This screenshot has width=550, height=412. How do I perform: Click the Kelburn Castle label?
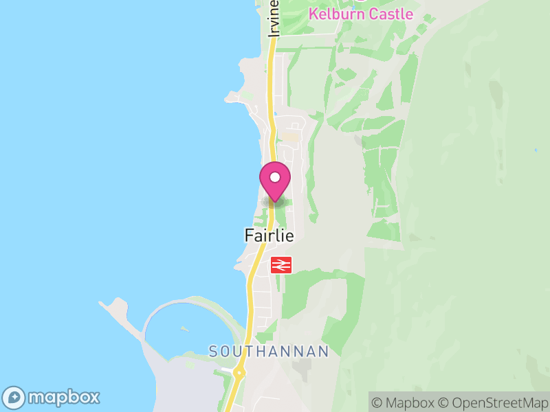(x=361, y=14)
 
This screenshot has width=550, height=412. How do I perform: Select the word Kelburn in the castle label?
(x=335, y=14)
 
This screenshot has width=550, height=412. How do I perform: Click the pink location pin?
(x=275, y=181)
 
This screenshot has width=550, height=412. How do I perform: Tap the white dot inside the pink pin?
(x=275, y=177)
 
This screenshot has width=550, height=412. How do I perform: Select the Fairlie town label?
(x=269, y=236)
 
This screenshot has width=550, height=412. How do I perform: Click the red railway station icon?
(x=281, y=265)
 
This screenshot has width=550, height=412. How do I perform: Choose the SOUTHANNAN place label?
(x=269, y=352)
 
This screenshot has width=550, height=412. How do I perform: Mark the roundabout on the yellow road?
(x=239, y=373)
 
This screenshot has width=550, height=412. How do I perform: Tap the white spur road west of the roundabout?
(x=228, y=371)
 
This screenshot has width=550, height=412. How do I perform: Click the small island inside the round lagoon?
(x=184, y=329)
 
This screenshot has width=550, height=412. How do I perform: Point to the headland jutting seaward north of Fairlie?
(x=232, y=98)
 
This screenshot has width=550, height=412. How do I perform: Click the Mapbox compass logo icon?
(x=14, y=398)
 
